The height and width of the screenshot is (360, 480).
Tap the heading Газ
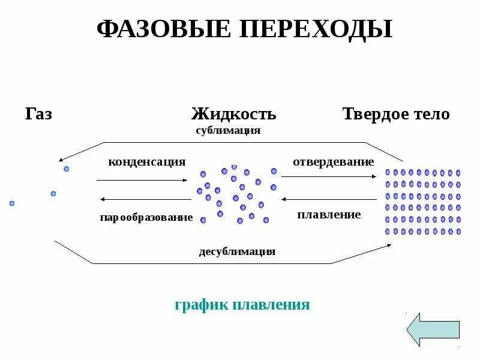[x=39, y=114]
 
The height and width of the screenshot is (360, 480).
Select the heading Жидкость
[x=234, y=114]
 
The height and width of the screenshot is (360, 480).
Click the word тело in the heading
[x=429, y=114]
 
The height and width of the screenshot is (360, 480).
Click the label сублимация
[x=228, y=130]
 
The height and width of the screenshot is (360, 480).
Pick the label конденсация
[x=146, y=162]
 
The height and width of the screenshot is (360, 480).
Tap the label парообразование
[x=146, y=217]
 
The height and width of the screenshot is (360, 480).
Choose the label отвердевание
[x=334, y=162]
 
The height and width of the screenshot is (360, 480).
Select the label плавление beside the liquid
[x=329, y=214]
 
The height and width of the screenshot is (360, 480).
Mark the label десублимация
[x=237, y=251]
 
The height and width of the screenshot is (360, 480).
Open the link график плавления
[x=242, y=305]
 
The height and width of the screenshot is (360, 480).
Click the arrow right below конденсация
[x=142, y=179]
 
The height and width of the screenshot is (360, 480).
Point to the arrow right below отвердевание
[x=329, y=176]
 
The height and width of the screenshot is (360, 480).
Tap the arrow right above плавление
[x=329, y=199]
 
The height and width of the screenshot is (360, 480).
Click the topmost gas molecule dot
[x=67, y=169]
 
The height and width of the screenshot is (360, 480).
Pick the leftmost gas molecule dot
[x=11, y=203]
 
